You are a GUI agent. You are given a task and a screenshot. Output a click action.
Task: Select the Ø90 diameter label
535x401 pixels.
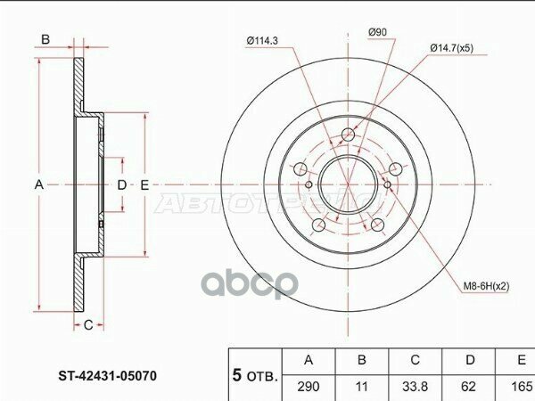click(x=378, y=34)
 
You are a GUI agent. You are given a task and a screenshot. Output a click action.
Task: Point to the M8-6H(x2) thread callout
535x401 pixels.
click(x=487, y=287)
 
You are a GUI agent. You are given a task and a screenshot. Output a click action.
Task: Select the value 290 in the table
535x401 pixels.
click(x=309, y=388)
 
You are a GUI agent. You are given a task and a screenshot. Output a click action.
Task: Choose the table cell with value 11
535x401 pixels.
click(x=362, y=388)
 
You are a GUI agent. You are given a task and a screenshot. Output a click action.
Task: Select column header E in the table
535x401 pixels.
click(x=519, y=361)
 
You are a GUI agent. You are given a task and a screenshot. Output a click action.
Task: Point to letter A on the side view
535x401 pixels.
click(x=39, y=184)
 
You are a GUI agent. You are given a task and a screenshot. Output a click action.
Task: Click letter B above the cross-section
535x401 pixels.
click(x=45, y=39)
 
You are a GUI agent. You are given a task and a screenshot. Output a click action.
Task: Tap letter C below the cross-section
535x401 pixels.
click(x=89, y=324)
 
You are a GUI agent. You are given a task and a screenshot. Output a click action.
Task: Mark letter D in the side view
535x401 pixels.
click(x=123, y=184)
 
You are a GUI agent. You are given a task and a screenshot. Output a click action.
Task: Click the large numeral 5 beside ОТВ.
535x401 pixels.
click(x=238, y=375)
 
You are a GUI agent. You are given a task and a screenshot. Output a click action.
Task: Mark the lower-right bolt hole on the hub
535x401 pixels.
click(x=377, y=224)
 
